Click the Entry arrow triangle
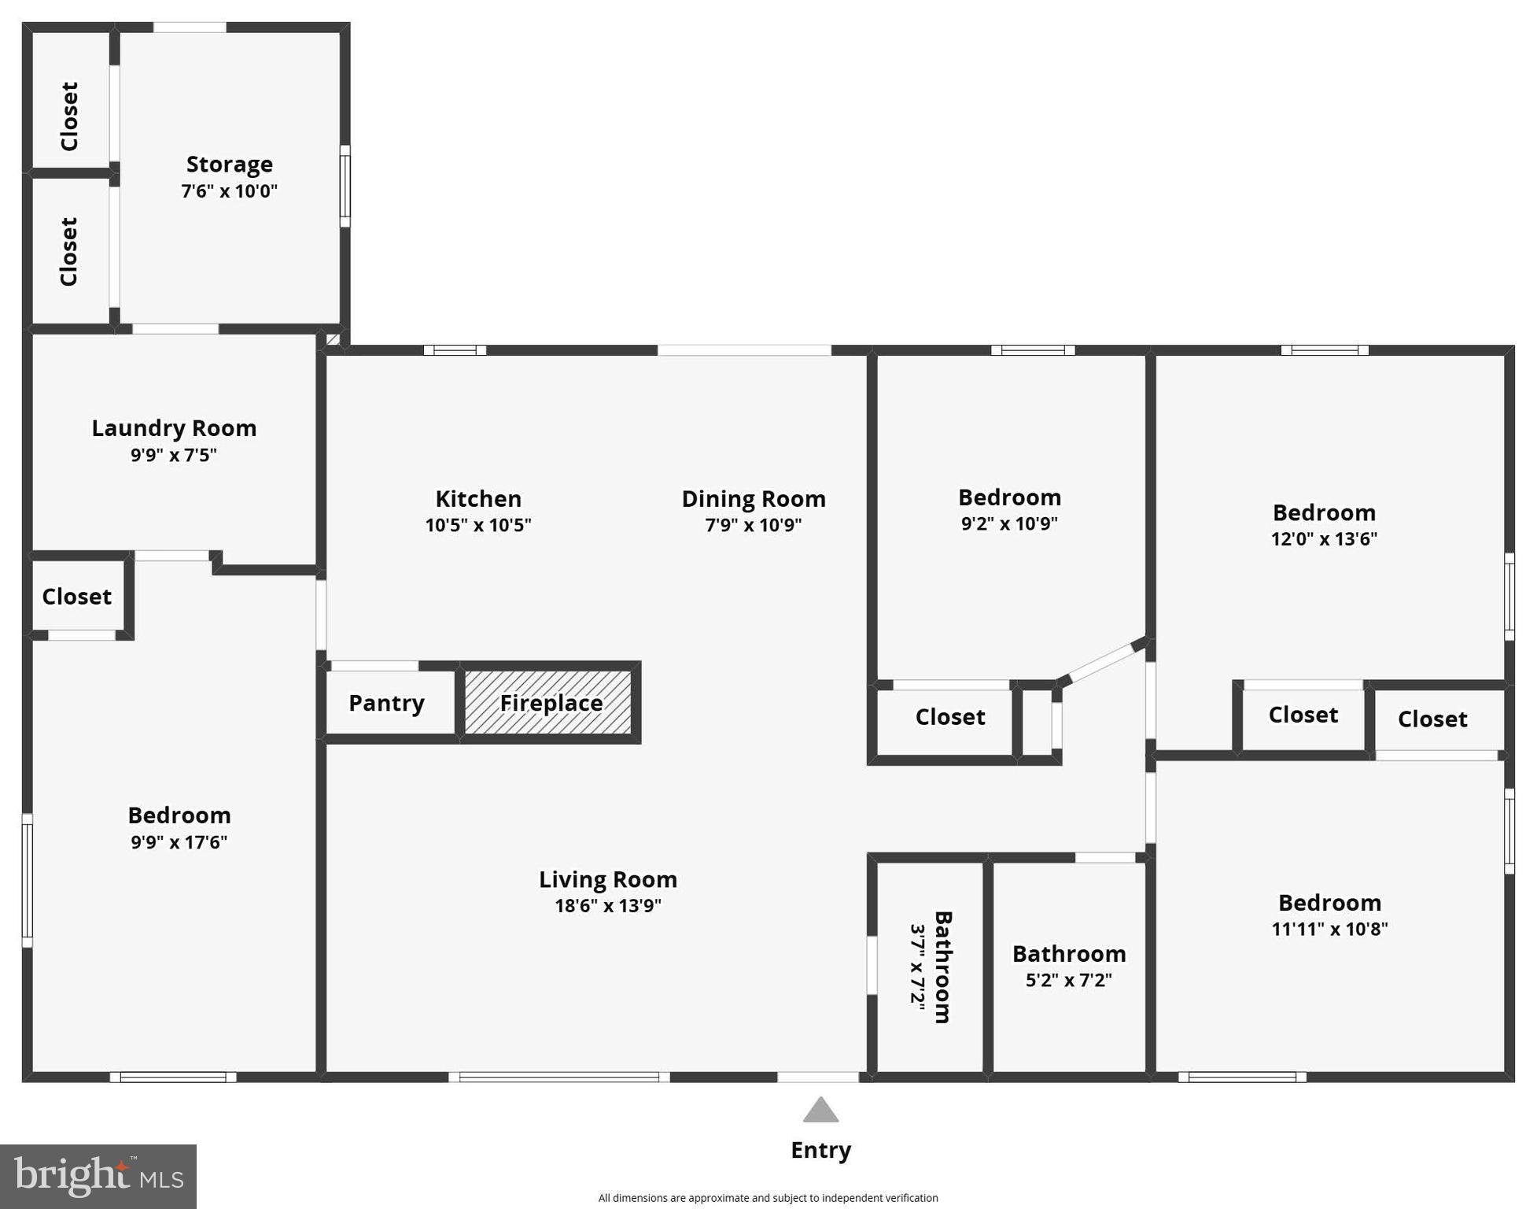[x=820, y=1111]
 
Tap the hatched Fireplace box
[x=550, y=702]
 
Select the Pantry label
[x=386, y=703]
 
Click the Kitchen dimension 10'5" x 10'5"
[x=478, y=525]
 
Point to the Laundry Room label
[x=174, y=428]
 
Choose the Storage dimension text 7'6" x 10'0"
[x=229, y=191]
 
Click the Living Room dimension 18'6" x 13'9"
[x=607, y=906]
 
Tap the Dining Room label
[x=753, y=499]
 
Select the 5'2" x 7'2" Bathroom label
[x=1068, y=954]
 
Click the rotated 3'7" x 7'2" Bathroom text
[x=917, y=967]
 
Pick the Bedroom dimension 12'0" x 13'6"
[x=1324, y=539]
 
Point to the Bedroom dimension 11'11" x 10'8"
[x=1329, y=929]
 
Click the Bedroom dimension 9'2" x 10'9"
[x=1009, y=523]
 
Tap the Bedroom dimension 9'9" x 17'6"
[x=179, y=842]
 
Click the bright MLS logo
[x=98, y=1177]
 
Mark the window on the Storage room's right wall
[x=345, y=187]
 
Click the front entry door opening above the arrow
[x=818, y=1077]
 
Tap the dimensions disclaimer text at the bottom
[x=768, y=1198]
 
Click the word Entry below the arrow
[x=820, y=1151]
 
